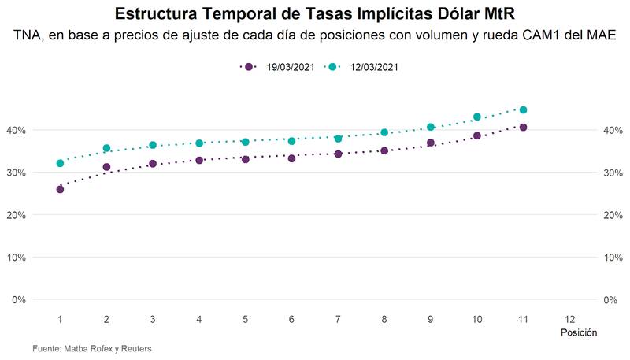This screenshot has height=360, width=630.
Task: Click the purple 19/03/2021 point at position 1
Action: click(60, 189)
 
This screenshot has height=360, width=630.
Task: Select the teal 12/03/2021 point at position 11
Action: click(523, 110)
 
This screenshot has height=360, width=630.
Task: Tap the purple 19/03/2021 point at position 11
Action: click(523, 127)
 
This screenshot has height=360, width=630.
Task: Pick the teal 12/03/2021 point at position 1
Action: click(60, 163)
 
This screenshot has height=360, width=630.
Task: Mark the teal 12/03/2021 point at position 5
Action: click(246, 142)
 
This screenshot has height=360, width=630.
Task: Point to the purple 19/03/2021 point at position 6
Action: click(291, 158)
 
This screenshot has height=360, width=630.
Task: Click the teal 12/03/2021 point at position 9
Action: click(431, 127)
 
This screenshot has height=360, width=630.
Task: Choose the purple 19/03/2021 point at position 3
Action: click(153, 164)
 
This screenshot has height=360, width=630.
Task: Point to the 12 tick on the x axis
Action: click(569, 319)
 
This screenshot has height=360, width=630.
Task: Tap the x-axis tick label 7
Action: click(338, 319)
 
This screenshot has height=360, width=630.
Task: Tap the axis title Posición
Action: click(578, 333)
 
